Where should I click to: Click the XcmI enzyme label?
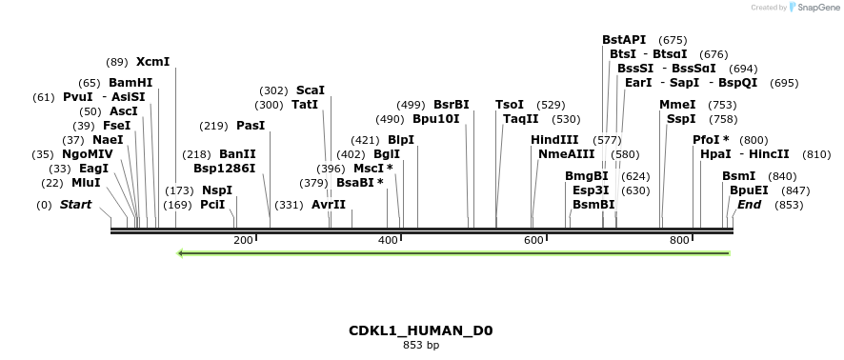pos(153,62)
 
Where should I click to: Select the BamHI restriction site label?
pos(131,83)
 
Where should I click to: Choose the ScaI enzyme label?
pos(311,90)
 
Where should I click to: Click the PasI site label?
pos(251,126)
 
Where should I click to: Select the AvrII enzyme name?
pos(329,205)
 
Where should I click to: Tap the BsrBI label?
pos(452,105)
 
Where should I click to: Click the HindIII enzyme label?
pos(554,140)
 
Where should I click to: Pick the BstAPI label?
pos(624,40)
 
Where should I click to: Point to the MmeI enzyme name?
pos(677,105)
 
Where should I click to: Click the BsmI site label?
pos(738,176)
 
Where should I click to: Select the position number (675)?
pos(673,40)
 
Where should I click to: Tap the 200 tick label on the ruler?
pos(243,241)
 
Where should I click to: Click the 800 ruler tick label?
pos(679,241)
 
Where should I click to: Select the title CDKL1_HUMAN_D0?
pos(421,331)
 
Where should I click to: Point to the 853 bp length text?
pos(421,346)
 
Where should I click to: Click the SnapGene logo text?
pos(817,8)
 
